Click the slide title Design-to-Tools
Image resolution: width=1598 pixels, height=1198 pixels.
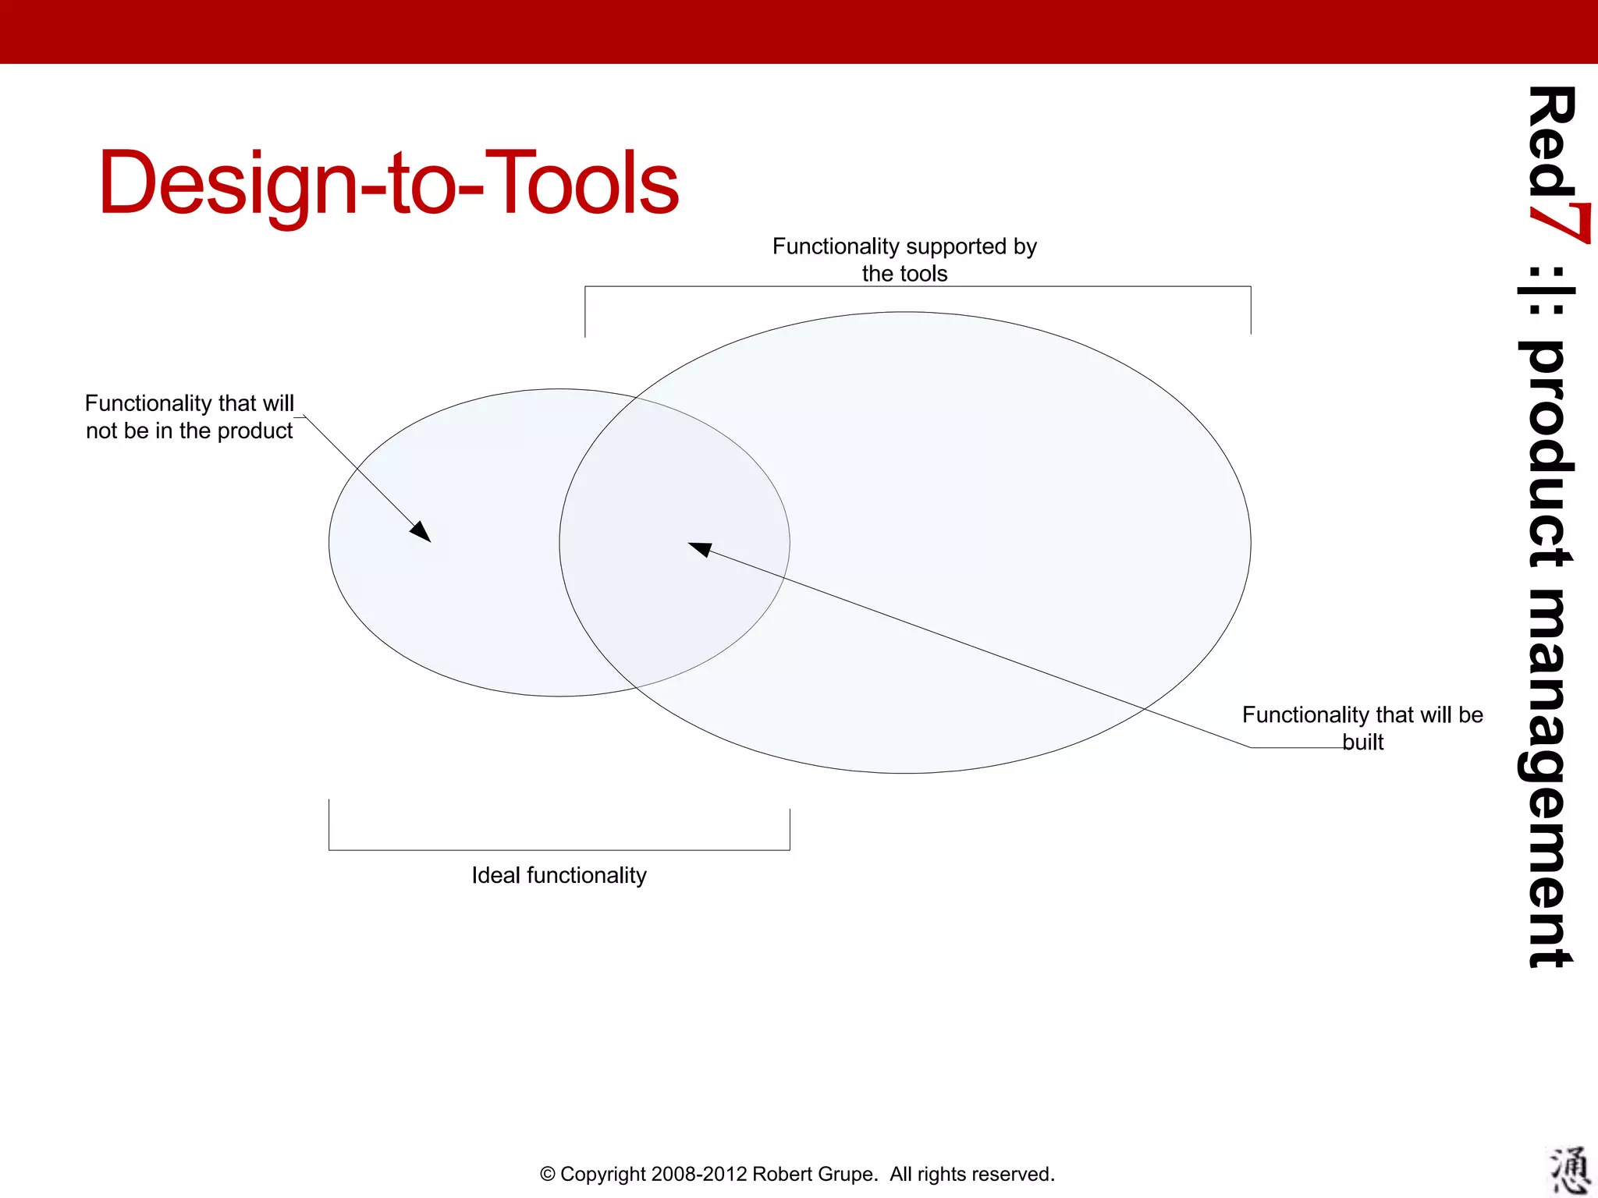tap(388, 183)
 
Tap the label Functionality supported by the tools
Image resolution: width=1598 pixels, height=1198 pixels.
tap(904, 260)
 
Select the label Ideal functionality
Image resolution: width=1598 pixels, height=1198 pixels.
tap(559, 875)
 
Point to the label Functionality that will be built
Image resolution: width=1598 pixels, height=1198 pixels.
tap(1362, 727)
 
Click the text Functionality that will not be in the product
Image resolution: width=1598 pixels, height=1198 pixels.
tap(190, 416)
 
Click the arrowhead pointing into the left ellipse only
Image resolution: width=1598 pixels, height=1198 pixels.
tap(422, 533)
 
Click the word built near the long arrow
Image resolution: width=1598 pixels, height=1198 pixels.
tap(1362, 742)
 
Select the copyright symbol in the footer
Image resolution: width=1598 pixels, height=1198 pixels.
tap(548, 1174)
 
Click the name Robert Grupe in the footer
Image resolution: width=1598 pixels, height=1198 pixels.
tap(813, 1174)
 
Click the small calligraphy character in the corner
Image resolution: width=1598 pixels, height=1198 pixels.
tap(1568, 1170)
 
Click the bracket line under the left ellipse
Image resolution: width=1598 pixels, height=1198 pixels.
tap(559, 850)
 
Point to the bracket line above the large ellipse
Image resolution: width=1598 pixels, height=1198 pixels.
tap(918, 286)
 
